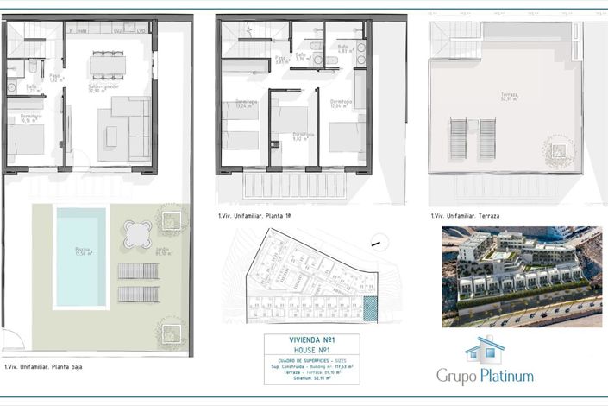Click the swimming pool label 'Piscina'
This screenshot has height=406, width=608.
pos(81,250)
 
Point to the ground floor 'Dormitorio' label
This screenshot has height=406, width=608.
pos(31,116)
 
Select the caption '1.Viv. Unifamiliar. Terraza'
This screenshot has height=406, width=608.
pos(465,216)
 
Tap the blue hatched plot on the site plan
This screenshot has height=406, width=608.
pos(371,308)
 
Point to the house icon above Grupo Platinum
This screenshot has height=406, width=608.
pos(485,350)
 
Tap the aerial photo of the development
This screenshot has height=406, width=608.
pos(521,276)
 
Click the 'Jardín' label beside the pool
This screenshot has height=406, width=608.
pos(161,253)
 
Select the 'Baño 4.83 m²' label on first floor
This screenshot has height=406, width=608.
pos(344,48)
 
